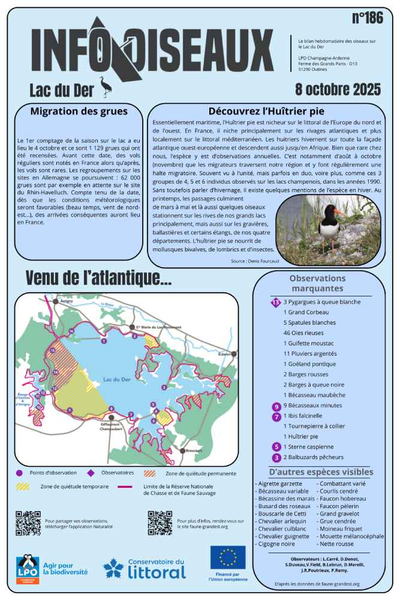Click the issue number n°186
367,18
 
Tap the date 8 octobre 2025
338,90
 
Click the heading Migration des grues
79,111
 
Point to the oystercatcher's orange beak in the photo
339,212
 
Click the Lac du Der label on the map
116,380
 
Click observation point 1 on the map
104,341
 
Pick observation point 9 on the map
70,410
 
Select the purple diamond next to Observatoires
90,473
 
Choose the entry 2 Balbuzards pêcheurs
317,457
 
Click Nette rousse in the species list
336,544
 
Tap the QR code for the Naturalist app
28,523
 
